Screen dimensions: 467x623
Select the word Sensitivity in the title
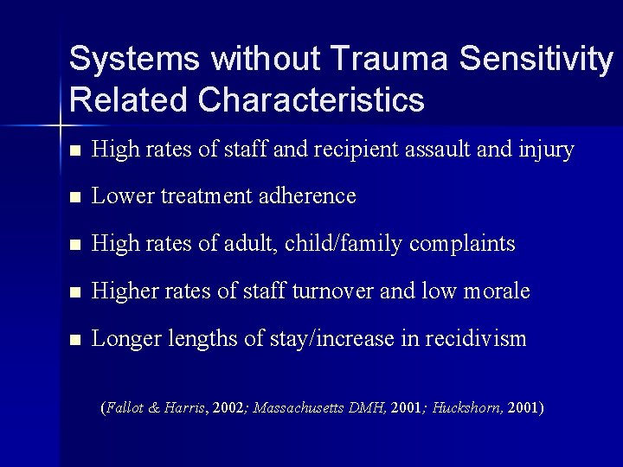[535, 59]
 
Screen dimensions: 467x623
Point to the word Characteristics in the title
[311, 99]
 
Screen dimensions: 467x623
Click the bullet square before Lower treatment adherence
[75, 197]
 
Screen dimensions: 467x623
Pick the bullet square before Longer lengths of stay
[75, 340]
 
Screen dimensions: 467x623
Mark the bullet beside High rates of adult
[75, 245]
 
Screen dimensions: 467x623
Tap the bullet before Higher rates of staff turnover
[75, 292]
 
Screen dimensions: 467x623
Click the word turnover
[330, 291]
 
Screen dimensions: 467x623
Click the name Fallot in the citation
[125, 406]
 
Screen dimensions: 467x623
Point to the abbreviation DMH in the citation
[372, 406]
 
